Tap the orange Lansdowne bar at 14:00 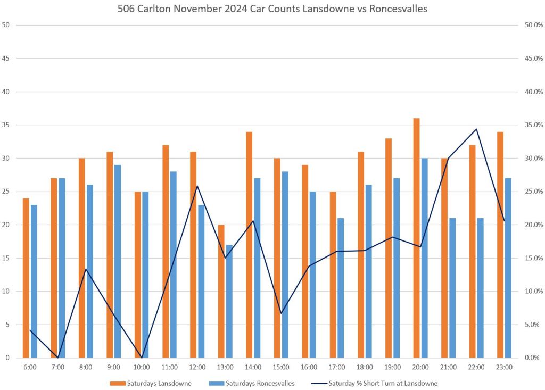(x=249, y=245)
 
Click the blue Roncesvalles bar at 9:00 (x=117, y=261)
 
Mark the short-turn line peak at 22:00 (x=476, y=129)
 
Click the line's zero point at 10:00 (x=142, y=358)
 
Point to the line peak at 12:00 (x=197, y=186)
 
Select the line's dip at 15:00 (x=281, y=313)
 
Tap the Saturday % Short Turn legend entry (x=383, y=383)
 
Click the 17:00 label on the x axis (x=336, y=367)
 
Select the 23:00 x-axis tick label (x=504, y=367)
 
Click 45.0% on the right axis (x=532, y=59)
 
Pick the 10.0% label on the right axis (x=532, y=291)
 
